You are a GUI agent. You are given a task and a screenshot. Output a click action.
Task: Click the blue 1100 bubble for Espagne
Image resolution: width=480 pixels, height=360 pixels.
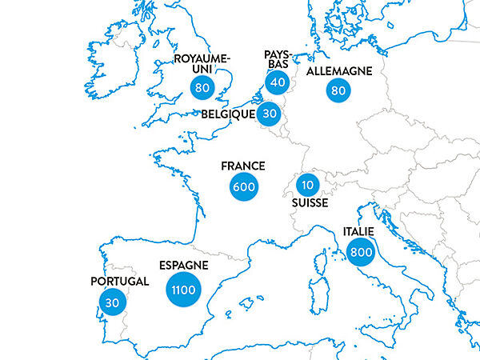(183, 290)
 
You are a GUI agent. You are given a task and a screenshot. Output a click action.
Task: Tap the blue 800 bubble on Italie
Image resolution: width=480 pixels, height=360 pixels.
(360, 252)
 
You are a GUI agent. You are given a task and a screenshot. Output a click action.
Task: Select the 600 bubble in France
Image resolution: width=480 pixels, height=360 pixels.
(242, 187)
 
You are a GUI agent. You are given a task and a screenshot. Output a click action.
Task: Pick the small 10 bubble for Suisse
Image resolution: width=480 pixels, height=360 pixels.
(306, 186)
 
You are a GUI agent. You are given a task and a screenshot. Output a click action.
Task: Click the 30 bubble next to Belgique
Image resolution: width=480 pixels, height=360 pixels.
(270, 114)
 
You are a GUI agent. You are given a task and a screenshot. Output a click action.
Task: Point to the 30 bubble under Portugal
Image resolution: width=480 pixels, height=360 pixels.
(111, 302)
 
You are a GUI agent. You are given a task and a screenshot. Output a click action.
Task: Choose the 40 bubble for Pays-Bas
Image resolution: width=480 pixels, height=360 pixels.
(278, 82)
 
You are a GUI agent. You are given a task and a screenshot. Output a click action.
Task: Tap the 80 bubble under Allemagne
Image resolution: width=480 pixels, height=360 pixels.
(338, 90)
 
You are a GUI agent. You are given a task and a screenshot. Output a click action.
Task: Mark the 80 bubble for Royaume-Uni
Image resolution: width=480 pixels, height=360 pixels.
(201, 86)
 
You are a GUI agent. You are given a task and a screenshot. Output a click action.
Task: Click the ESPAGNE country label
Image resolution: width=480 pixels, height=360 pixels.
(183, 265)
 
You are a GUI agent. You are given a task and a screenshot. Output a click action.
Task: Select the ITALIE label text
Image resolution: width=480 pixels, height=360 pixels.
(358, 231)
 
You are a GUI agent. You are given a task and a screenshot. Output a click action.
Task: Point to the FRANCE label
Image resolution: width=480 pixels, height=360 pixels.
(243, 166)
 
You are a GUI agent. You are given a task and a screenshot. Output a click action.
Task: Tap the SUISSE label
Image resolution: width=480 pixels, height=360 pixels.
(310, 205)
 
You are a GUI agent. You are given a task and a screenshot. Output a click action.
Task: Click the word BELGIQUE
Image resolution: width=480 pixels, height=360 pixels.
(228, 114)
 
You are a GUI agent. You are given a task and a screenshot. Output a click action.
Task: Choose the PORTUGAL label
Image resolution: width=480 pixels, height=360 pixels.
(120, 282)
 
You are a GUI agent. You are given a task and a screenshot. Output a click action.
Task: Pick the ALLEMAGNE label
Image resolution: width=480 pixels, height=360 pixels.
(339, 71)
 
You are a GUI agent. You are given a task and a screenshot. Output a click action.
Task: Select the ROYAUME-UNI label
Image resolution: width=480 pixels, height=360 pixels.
(202, 64)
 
